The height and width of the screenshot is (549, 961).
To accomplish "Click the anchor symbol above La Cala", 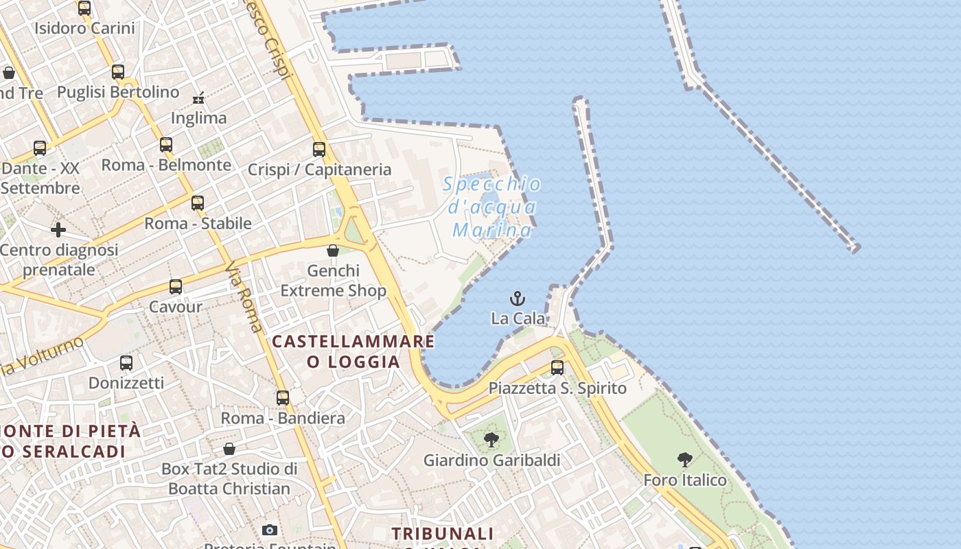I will [518, 299].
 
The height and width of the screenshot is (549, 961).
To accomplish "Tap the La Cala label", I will [518, 318].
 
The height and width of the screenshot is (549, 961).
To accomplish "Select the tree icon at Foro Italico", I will [684, 460].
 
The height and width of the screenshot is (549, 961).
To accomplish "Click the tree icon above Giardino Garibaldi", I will [491, 440].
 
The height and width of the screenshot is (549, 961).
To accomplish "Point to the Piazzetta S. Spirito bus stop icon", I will [557, 368].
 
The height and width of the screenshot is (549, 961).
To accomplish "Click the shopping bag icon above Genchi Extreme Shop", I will [333, 250].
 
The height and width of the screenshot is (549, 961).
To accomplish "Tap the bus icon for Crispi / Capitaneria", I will [319, 149].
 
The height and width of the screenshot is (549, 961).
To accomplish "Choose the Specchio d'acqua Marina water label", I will [491, 207].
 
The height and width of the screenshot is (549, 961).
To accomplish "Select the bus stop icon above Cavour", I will [176, 287].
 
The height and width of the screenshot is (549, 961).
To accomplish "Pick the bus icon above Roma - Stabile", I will [198, 203].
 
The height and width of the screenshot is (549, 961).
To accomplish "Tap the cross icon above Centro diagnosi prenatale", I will [58, 230].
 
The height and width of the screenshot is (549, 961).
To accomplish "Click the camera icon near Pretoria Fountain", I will [270, 530].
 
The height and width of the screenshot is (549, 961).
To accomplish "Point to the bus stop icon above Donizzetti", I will [126, 362].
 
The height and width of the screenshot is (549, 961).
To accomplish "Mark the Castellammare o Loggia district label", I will [354, 351].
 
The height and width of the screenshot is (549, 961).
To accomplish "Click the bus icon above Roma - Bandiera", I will [283, 398].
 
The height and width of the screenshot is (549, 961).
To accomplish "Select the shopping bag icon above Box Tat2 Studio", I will [229, 449].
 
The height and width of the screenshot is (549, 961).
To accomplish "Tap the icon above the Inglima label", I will [199, 98].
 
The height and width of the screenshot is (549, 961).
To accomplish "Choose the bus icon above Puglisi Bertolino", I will [118, 72].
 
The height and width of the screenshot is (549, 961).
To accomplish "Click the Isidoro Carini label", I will [84, 29].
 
